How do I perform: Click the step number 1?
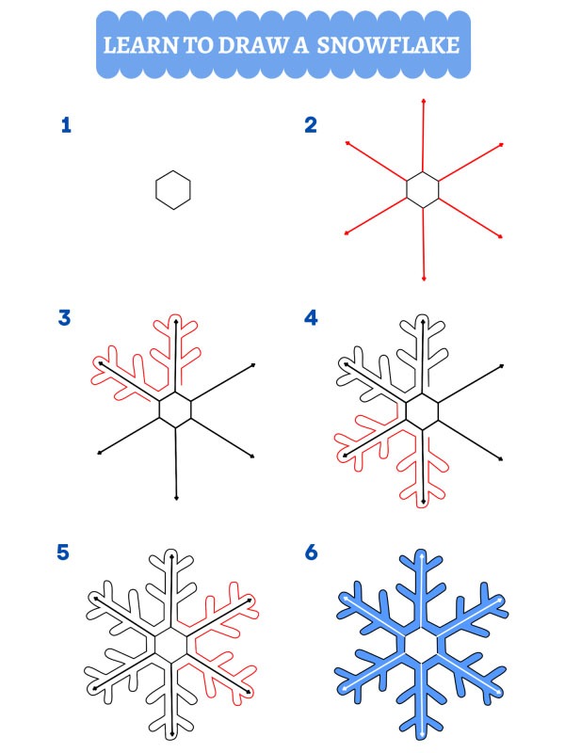pyautogui.click(x=65, y=125)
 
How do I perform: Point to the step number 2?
pyautogui.click(x=310, y=125)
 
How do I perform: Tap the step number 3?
pyautogui.click(x=65, y=317)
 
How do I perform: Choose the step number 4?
pyautogui.click(x=311, y=317)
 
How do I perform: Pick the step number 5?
pyautogui.click(x=64, y=553)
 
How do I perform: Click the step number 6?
pyautogui.click(x=311, y=553)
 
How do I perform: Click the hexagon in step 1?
pyautogui.click(x=173, y=189)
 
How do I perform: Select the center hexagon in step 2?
pyautogui.click(x=423, y=189)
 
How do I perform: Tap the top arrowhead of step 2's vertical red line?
pyautogui.click(x=424, y=100)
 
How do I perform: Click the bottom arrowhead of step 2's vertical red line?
pyautogui.click(x=425, y=278)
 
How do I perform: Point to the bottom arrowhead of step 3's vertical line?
pyautogui.click(x=176, y=497)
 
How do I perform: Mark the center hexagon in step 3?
pyautogui.click(x=175, y=409)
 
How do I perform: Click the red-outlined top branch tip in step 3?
pyautogui.click(x=175, y=317)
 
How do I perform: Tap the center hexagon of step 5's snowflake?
pyautogui.click(x=172, y=645)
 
